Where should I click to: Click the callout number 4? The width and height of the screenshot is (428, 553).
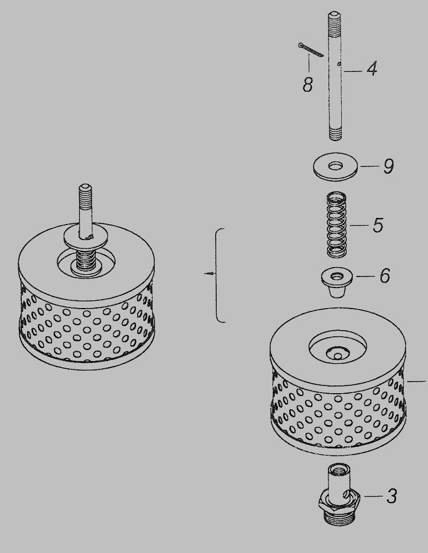pyautogui.click(x=372, y=69)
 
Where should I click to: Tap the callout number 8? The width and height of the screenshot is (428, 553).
pyautogui.click(x=308, y=85)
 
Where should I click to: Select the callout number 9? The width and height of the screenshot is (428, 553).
pyautogui.click(x=388, y=166)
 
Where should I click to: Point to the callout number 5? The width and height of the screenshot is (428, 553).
pyautogui.click(x=378, y=225)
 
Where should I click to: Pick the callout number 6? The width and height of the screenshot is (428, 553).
pyautogui.click(x=385, y=275)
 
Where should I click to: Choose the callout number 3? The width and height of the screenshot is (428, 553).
pyautogui.click(x=392, y=496)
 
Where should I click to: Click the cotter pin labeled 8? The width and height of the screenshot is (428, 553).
pyautogui.click(x=311, y=49)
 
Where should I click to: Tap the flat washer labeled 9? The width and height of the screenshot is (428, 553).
pyautogui.click(x=335, y=166)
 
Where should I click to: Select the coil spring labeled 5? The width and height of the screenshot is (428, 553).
pyautogui.click(x=336, y=225)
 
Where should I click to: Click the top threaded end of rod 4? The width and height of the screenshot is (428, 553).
pyautogui.click(x=334, y=19)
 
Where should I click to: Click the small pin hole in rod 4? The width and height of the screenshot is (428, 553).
pyautogui.click(x=339, y=64)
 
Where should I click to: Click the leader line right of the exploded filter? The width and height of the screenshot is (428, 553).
pyautogui.click(x=416, y=381)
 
